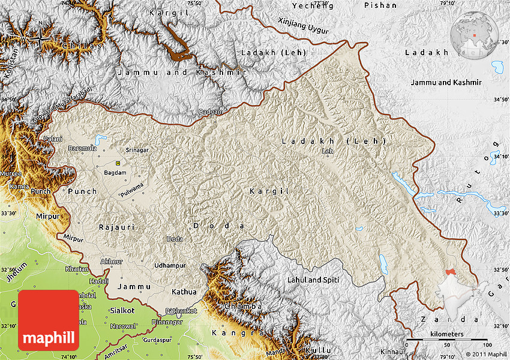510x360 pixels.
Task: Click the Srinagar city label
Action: tap(137, 149)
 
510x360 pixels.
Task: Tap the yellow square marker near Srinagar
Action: tap(118, 163)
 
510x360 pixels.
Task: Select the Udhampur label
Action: tap(170, 265)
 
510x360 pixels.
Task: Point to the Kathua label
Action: tap(184, 292)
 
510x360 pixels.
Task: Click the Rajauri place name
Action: tap(117, 227)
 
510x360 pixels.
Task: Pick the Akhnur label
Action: tap(112, 262)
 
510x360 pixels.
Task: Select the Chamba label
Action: tap(243, 307)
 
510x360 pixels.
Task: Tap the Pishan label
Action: tap(380, 5)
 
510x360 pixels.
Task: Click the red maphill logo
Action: tap(49, 320)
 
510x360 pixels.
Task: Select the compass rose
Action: tap(40, 37)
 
